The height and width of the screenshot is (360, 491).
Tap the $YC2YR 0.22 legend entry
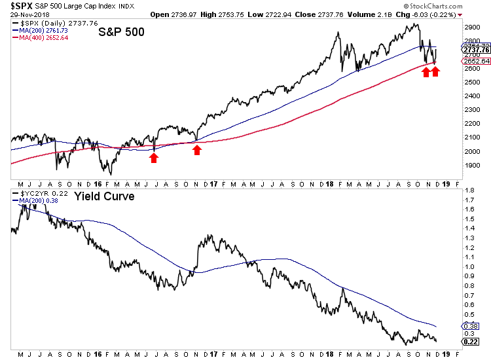(37, 194)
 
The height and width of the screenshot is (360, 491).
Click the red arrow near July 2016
(154, 158)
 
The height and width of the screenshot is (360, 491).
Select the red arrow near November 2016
(197, 151)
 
